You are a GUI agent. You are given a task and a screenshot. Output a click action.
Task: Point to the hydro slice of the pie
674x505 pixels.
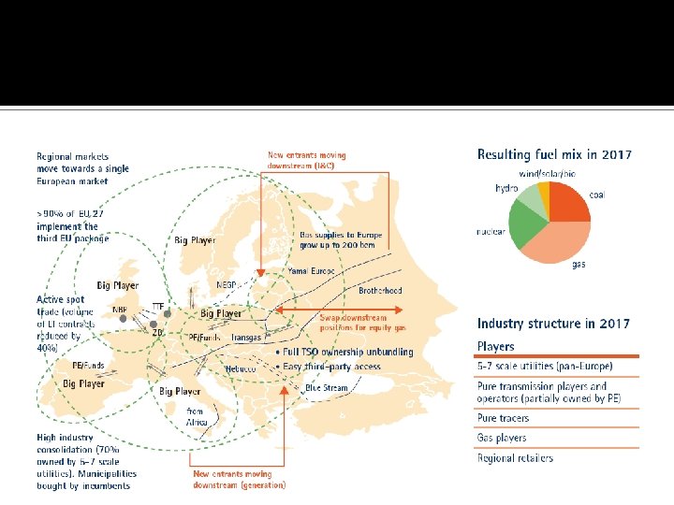(x=533, y=197)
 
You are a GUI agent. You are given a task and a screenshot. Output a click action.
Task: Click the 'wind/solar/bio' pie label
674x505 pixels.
(x=553, y=174)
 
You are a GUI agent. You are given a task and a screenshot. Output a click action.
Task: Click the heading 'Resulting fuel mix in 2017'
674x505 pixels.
(x=554, y=154)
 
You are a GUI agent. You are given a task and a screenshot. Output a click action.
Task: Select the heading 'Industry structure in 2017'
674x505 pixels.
(x=553, y=325)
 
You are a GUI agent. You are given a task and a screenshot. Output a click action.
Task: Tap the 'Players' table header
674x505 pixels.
(x=496, y=347)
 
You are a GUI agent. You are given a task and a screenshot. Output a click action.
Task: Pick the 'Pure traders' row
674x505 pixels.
(x=503, y=418)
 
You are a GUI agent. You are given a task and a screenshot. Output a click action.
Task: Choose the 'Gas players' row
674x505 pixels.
(x=502, y=438)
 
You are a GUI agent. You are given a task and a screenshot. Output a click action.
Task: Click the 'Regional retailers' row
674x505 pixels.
(x=515, y=458)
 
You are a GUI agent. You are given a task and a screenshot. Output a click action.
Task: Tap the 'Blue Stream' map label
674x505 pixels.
(x=326, y=387)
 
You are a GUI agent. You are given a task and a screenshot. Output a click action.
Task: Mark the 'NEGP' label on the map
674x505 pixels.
(x=227, y=285)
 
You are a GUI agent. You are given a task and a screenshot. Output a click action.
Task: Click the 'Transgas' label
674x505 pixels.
(x=245, y=337)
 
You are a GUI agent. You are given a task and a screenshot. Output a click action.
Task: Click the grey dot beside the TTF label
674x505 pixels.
(x=168, y=313)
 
